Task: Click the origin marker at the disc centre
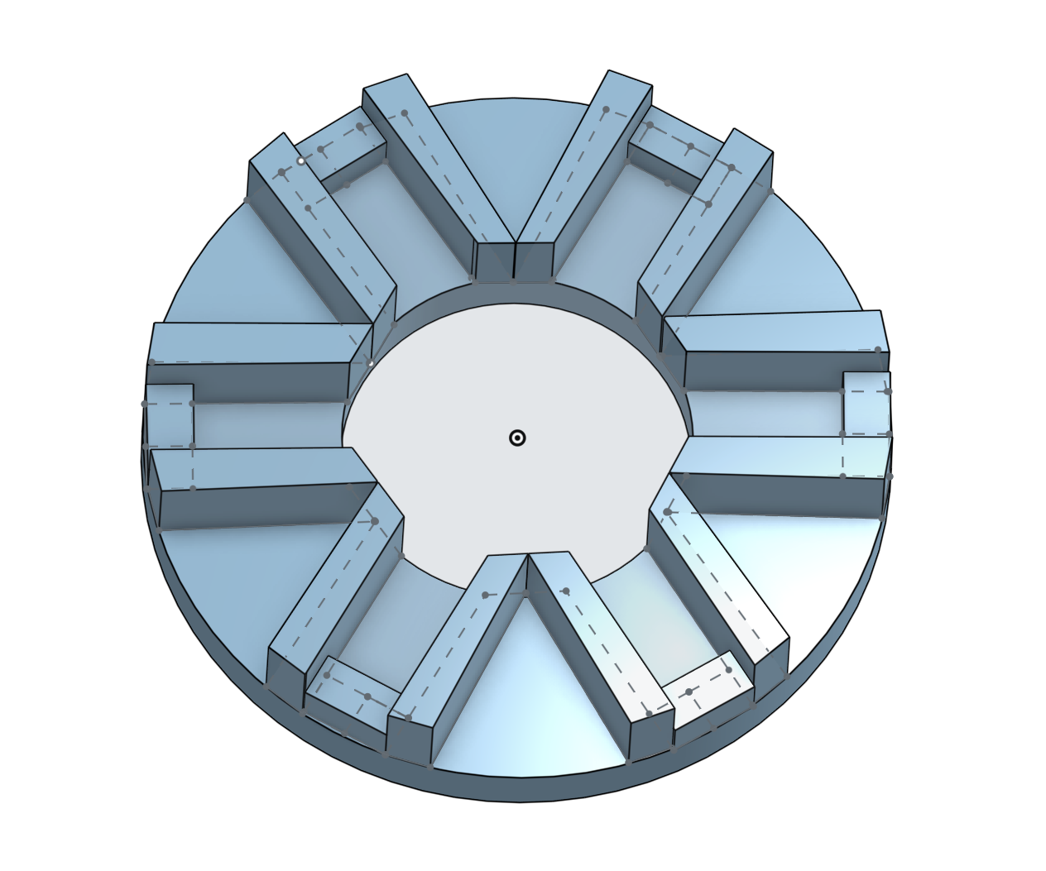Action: coord(517,438)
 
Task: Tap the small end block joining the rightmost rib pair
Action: coord(866,402)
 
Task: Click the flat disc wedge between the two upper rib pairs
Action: coord(513,165)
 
